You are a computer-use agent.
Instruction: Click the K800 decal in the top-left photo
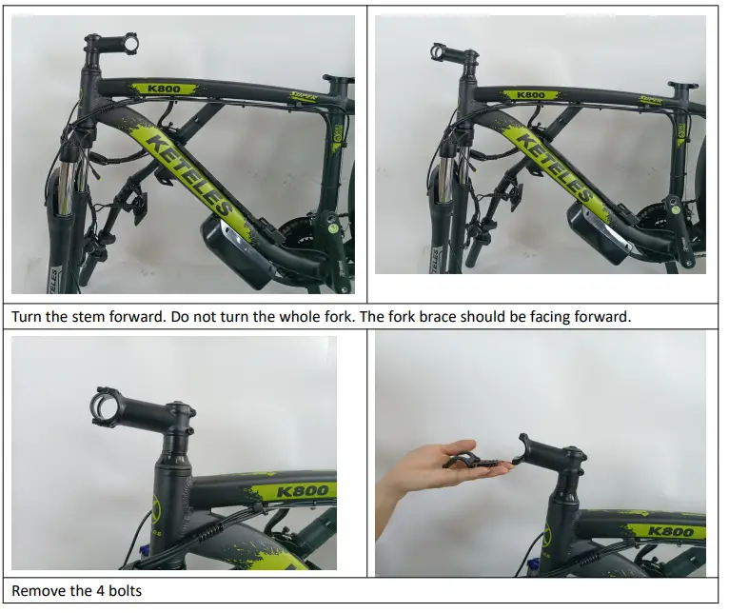pos(164,89)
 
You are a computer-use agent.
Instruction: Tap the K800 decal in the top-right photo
pos(530,95)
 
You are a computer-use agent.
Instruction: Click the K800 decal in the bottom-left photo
pos(303,491)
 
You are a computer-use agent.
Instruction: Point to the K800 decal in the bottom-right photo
pos(670,531)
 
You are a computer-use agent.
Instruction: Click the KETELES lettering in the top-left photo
pos(190,175)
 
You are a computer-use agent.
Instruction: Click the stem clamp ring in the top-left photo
pos(131,44)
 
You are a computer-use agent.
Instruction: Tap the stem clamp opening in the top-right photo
pos(438,51)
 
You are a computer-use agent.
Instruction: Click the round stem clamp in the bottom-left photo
pos(106,407)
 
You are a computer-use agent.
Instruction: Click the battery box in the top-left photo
pos(238,251)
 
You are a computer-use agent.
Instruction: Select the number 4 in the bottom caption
pos(100,591)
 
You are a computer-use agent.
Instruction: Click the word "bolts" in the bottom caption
pos(125,591)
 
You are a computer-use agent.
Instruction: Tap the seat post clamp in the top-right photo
pos(683,86)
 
